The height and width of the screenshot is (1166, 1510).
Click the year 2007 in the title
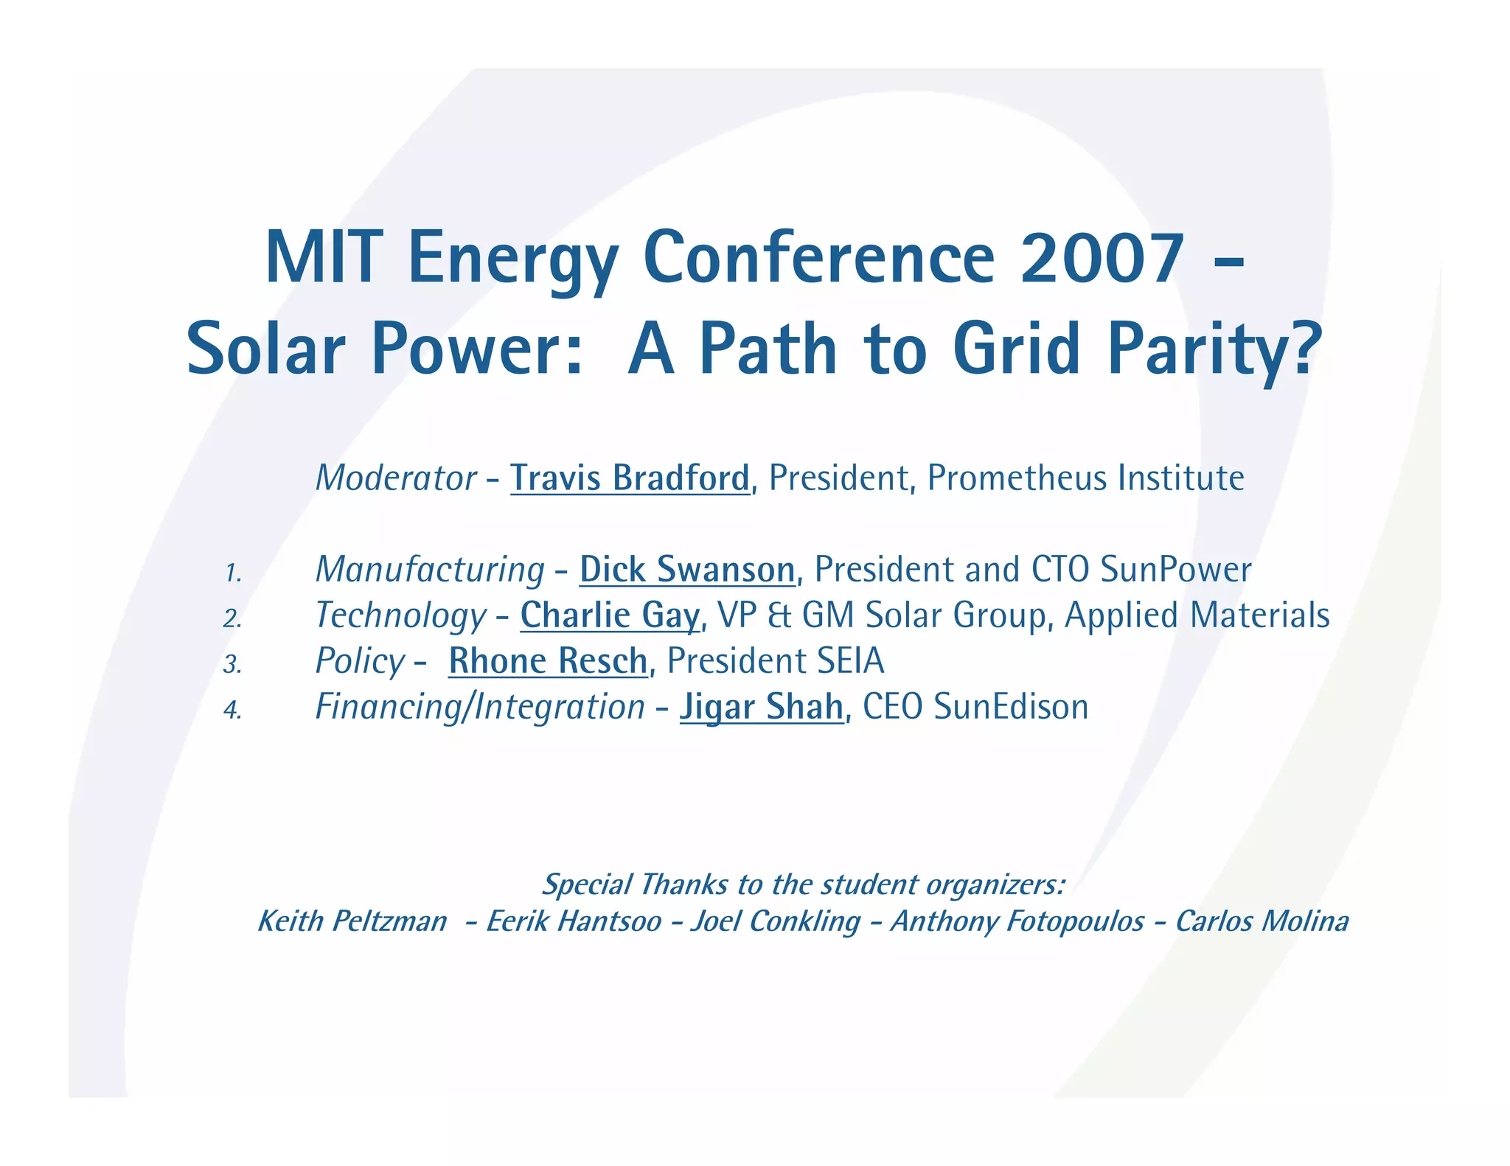click(x=1102, y=258)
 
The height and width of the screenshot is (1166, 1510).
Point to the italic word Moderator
click(x=396, y=478)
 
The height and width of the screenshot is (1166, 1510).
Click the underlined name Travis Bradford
click(x=630, y=478)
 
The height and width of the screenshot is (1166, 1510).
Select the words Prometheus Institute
click(x=1085, y=478)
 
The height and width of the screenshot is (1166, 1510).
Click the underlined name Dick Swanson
click(x=687, y=570)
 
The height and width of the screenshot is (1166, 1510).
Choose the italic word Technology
click(x=400, y=615)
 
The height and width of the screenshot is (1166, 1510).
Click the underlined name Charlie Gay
click(x=610, y=615)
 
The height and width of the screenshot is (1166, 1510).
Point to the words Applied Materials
click(x=1197, y=615)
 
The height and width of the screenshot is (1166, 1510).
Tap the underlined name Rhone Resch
click(x=548, y=661)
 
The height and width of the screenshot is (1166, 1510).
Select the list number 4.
click(x=233, y=711)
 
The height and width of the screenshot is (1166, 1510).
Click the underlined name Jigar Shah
click(x=761, y=707)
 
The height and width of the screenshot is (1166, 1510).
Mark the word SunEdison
click(x=1011, y=707)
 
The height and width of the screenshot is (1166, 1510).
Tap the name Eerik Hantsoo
click(x=574, y=921)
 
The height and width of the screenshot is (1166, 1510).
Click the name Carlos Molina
click(x=1262, y=921)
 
